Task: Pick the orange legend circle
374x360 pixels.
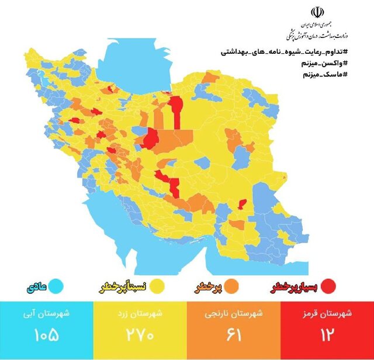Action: point(230,286)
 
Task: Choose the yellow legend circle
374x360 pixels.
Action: point(157,286)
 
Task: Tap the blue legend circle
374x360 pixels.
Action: point(56,287)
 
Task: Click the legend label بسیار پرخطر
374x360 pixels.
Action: point(296,287)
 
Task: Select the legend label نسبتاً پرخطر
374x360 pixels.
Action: point(122,288)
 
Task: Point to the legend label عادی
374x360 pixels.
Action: point(36,288)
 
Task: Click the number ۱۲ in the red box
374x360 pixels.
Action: point(327,337)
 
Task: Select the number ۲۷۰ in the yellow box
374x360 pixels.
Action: point(140,337)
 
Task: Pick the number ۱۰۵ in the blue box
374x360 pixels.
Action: point(47,337)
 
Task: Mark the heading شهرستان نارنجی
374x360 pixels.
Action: point(234,313)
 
